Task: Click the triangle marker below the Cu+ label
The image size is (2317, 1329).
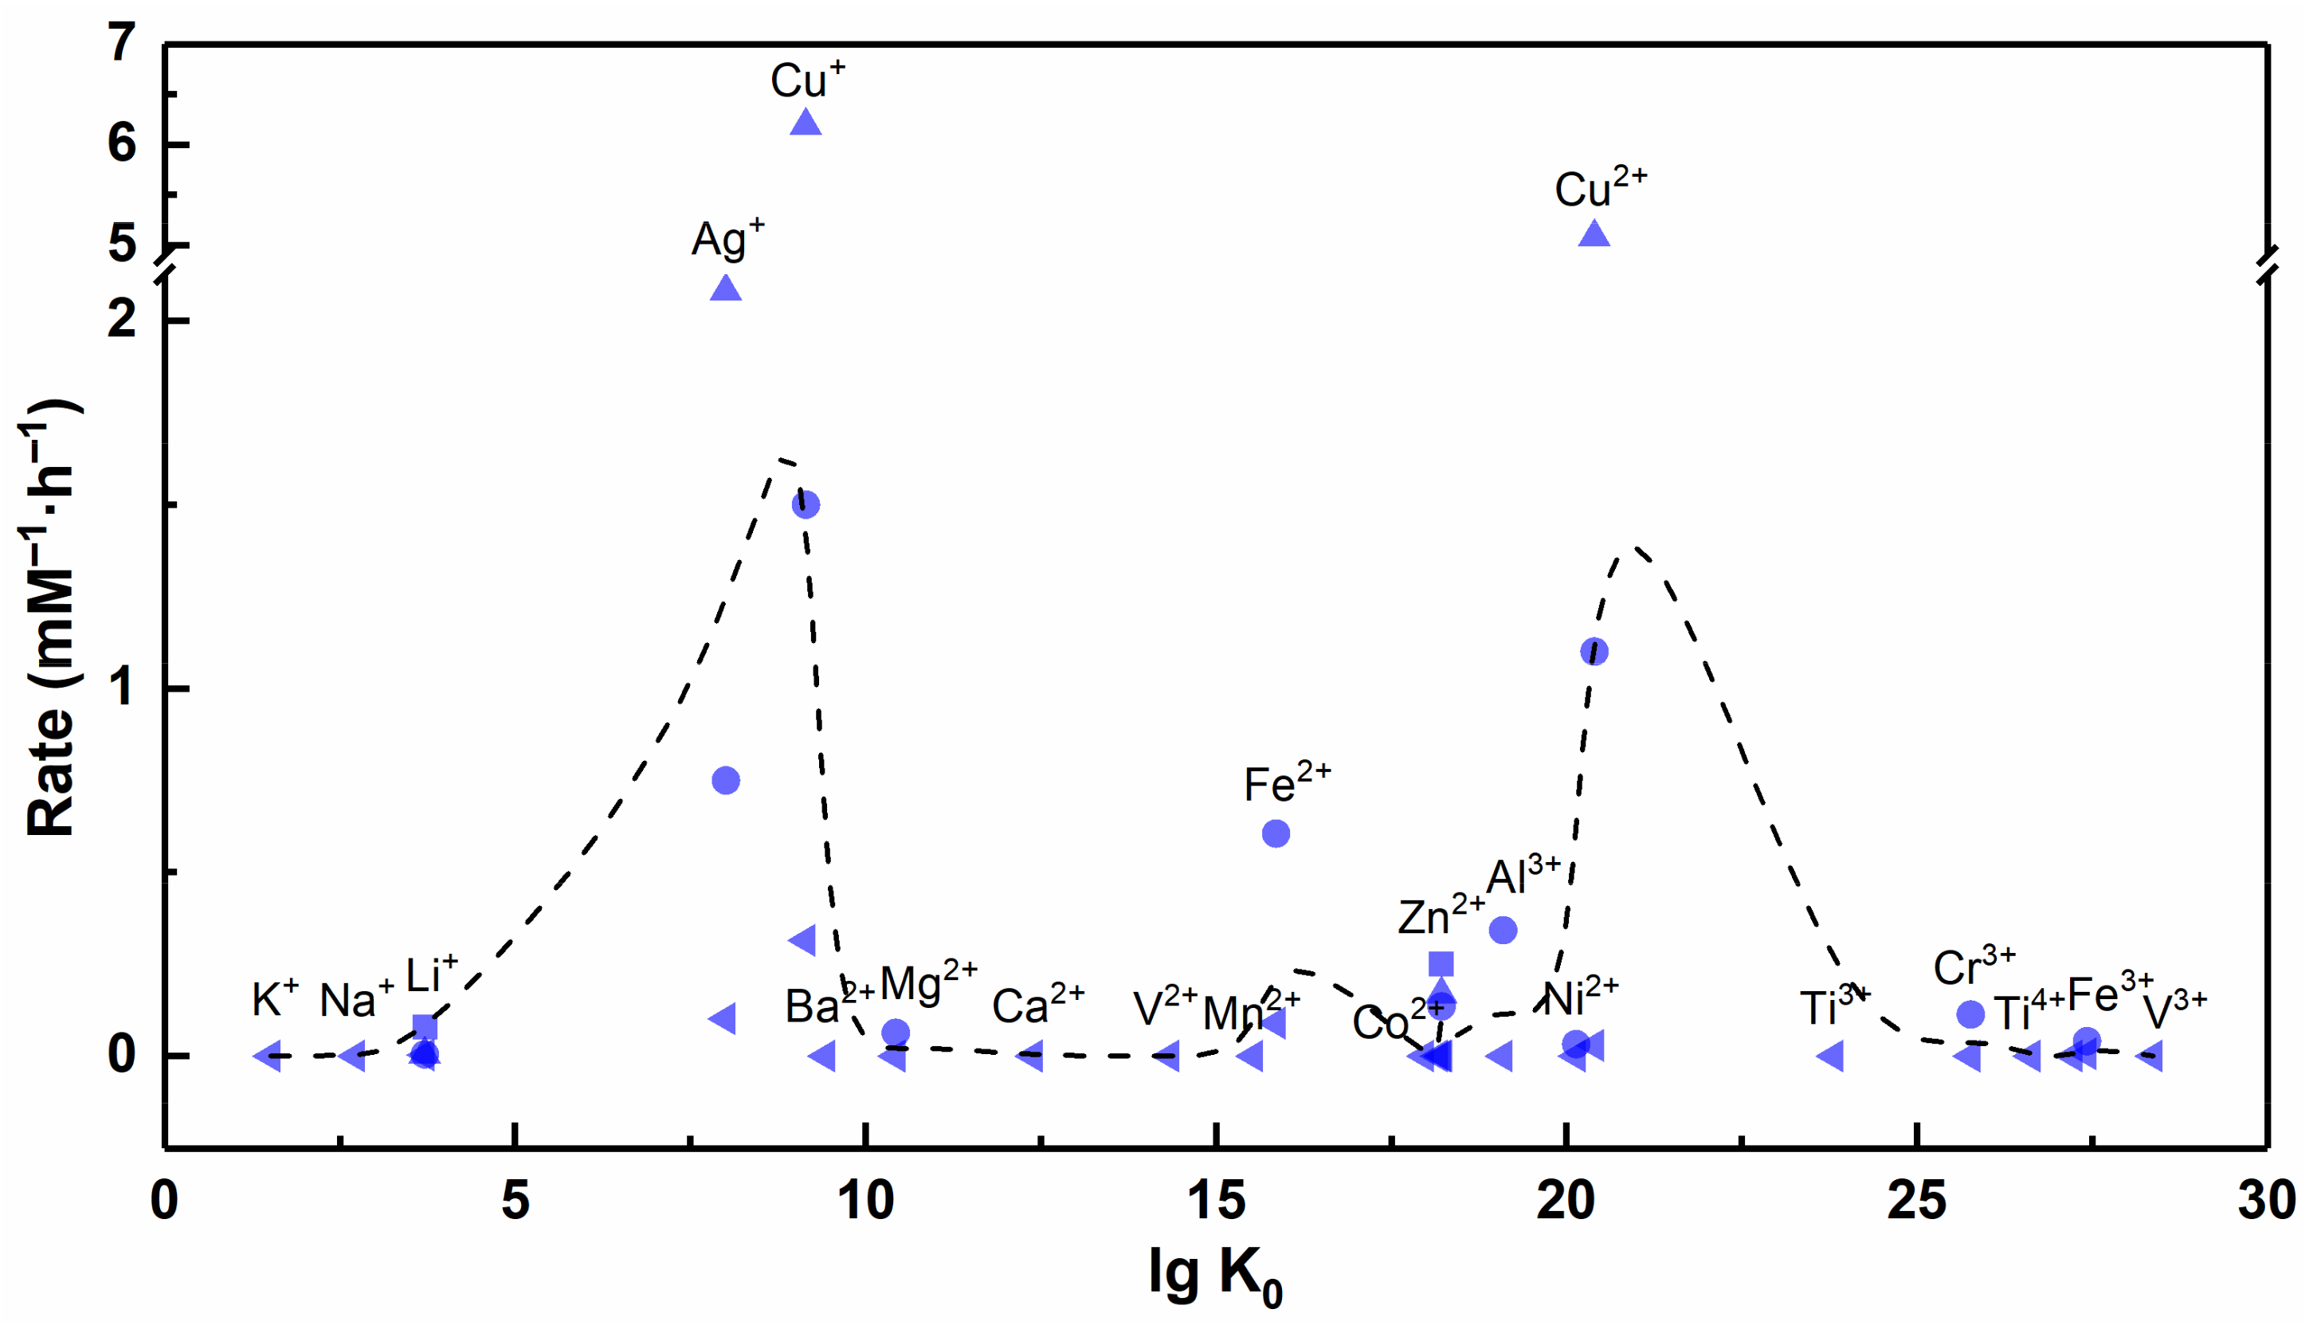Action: pos(805,123)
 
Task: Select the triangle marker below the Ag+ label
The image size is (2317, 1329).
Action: pos(726,289)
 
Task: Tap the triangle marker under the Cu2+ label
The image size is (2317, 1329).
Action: pos(1594,234)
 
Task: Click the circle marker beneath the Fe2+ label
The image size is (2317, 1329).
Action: pos(1276,833)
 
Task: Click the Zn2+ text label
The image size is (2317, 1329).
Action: pos(1441,916)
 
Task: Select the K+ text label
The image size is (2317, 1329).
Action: pos(275,998)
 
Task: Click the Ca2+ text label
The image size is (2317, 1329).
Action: pos(1037,1005)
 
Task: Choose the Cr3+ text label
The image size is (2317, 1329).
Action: pos(1974,966)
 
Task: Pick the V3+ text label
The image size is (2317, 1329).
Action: pos(2174,1010)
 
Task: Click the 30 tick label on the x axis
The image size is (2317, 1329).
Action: pos(2267,1202)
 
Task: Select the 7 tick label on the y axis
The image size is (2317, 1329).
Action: pos(122,43)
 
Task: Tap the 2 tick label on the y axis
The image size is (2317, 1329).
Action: pos(122,320)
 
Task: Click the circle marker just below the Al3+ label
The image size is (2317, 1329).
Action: pos(1503,930)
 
